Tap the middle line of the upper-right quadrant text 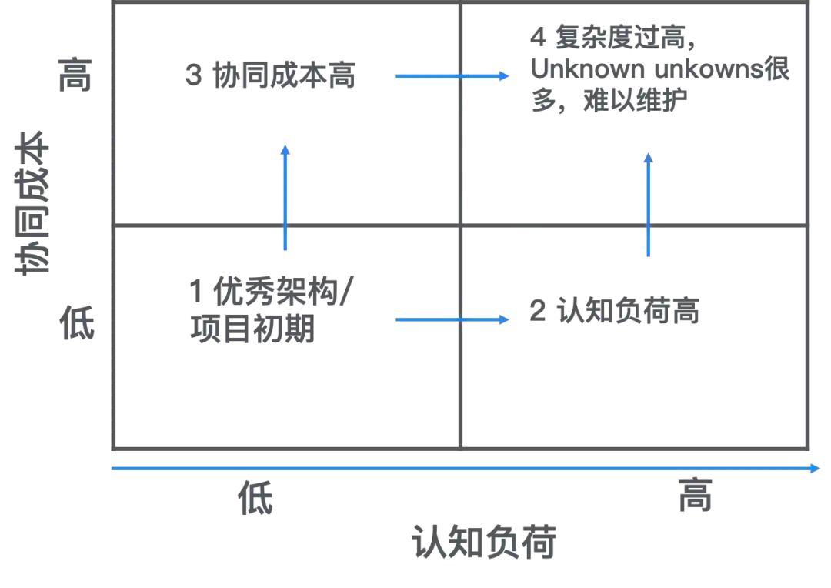click(x=661, y=72)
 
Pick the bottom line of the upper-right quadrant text click(x=608, y=103)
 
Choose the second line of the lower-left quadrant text click(x=251, y=330)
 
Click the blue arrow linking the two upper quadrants click(x=452, y=76)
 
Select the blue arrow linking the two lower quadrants click(x=452, y=319)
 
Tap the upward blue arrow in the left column click(x=286, y=197)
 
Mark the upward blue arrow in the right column click(x=649, y=203)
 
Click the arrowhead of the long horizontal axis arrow click(x=817, y=467)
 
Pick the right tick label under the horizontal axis click(x=695, y=496)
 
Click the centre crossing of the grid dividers click(x=462, y=228)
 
